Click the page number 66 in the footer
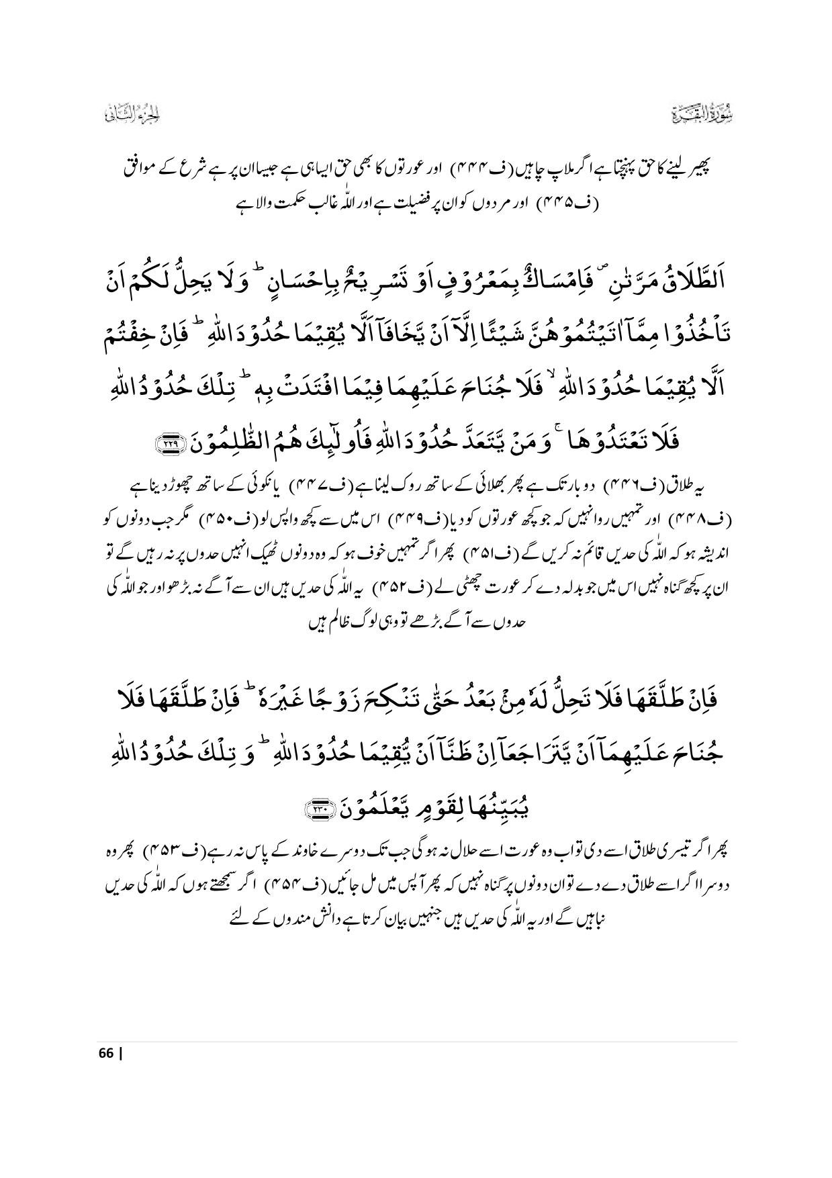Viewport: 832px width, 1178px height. coord(106,1052)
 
